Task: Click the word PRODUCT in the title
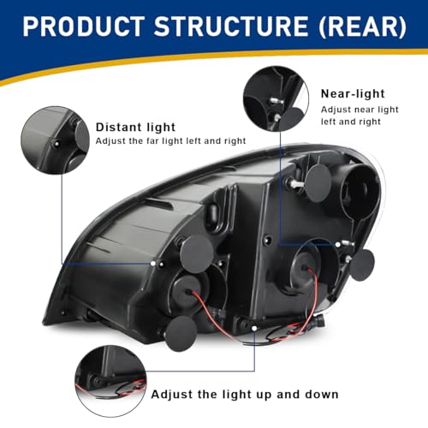click(x=84, y=27)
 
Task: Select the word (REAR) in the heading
click(x=362, y=27)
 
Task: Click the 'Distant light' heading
click(x=135, y=128)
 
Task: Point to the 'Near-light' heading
click(x=353, y=93)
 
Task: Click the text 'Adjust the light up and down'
click(x=245, y=395)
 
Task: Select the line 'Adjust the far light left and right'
click(x=170, y=141)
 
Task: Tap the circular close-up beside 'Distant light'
click(x=55, y=140)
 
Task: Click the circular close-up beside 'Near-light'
click(x=276, y=98)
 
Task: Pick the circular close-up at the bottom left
click(x=110, y=381)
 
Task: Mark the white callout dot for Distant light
click(x=153, y=264)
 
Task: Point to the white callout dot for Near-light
click(x=338, y=245)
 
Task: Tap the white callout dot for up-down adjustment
click(x=254, y=328)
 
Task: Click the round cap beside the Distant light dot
click(x=197, y=251)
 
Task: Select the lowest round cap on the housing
click(x=181, y=334)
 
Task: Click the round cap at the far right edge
click(x=362, y=265)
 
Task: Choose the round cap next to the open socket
click(x=318, y=183)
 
